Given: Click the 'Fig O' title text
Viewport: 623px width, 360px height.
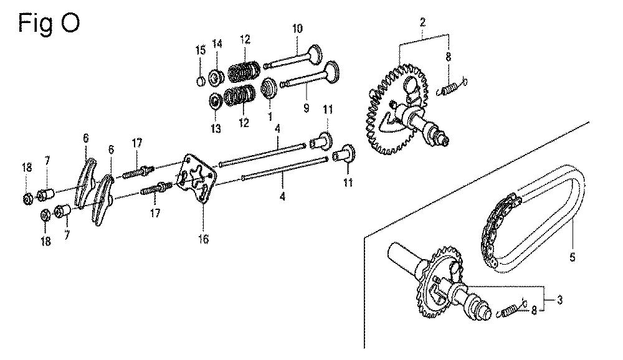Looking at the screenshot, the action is (x=49, y=24).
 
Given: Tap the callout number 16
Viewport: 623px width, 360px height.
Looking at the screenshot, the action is (x=203, y=239).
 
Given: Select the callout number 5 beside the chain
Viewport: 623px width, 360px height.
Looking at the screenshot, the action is (x=572, y=257).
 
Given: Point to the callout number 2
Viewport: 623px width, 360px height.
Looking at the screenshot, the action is (x=422, y=22).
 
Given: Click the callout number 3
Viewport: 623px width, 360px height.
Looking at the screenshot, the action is (x=559, y=300).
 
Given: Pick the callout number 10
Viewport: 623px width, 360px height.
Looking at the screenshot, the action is (x=297, y=28).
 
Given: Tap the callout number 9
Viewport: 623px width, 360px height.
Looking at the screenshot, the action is (x=306, y=108).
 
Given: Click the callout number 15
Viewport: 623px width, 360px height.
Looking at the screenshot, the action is (x=201, y=50).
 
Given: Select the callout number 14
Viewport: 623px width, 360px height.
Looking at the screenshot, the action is (x=217, y=44).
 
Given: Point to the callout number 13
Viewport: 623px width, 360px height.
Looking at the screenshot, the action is (x=216, y=129).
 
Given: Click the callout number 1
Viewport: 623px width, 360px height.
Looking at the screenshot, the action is (x=270, y=116).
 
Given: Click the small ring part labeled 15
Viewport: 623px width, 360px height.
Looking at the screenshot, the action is (x=201, y=82).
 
